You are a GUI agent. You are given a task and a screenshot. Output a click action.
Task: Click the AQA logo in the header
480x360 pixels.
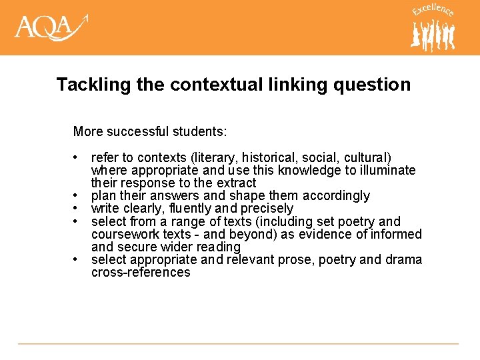(x=51, y=29)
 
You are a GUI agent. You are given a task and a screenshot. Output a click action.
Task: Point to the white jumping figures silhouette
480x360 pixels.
(x=433, y=35)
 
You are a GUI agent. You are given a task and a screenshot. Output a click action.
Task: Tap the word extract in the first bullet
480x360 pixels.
(x=236, y=183)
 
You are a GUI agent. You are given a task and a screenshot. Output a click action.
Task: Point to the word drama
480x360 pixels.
(x=403, y=259)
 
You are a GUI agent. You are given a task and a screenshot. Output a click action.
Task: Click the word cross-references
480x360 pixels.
(x=141, y=272)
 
